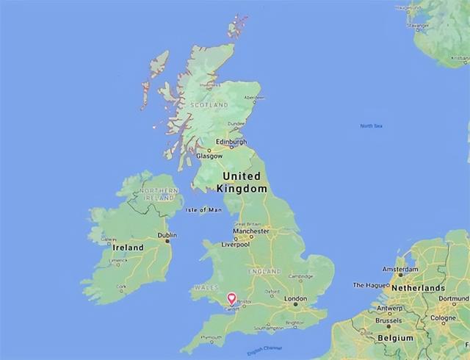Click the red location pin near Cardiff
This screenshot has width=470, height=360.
coord(232,299)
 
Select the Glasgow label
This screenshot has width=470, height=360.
coord(210,156)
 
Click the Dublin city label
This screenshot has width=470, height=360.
coord(167,235)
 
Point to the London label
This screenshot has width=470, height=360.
coord(295,299)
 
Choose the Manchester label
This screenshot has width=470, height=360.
coord(251,231)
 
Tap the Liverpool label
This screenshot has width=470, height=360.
coord(236,244)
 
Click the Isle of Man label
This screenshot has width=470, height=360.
coord(203,210)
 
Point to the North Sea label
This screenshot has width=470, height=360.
coord(372,126)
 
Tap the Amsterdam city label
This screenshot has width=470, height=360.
coord(400,270)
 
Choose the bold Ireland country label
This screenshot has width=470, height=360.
coord(128,248)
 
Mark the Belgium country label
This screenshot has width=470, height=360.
coord(396,337)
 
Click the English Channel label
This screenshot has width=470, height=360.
coord(265,350)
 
